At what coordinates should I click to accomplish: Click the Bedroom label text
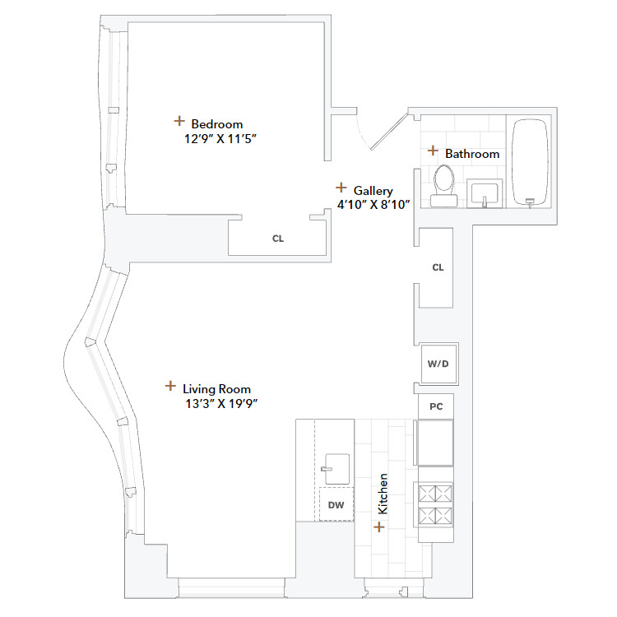pyautogui.click(x=216, y=124)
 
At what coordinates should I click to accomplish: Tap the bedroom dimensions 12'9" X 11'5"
pyautogui.click(x=221, y=139)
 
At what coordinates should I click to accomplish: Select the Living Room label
pyautogui.click(x=216, y=389)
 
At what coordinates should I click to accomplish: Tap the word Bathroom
pyautogui.click(x=472, y=154)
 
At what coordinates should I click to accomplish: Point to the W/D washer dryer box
pyautogui.click(x=437, y=363)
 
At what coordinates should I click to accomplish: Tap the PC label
pyautogui.click(x=437, y=406)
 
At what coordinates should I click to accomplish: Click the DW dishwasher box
pyautogui.click(x=336, y=505)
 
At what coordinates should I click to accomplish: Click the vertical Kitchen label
pyautogui.click(x=382, y=494)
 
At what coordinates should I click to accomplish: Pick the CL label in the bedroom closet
pyautogui.click(x=278, y=239)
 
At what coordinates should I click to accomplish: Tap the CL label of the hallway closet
pyautogui.click(x=438, y=267)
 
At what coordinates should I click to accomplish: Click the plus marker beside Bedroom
pyautogui.click(x=179, y=121)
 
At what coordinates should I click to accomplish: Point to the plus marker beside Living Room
pyautogui.click(x=170, y=385)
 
